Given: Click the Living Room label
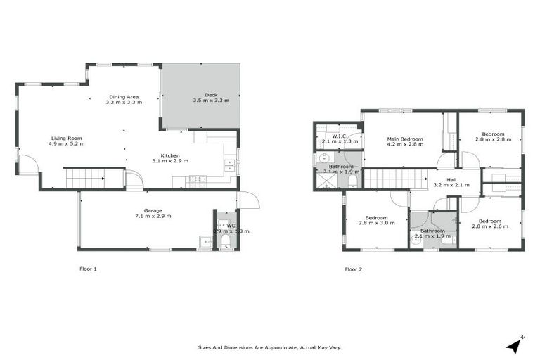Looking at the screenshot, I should [x=66, y=139].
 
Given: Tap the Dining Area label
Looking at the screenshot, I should [x=123, y=96].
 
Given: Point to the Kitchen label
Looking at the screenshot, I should [x=170, y=155].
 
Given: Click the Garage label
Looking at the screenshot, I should [x=153, y=210].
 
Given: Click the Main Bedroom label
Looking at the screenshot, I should [x=405, y=139].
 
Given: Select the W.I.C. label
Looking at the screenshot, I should [x=339, y=136].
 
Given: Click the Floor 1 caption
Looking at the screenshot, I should [x=87, y=269].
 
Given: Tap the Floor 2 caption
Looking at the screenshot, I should [x=354, y=269].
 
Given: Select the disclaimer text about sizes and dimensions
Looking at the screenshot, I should [x=270, y=347].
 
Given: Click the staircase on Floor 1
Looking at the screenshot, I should [x=84, y=179].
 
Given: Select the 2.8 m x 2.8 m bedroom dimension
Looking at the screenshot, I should [x=490, y=139].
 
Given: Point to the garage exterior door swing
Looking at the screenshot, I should [x=249, y=200].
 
